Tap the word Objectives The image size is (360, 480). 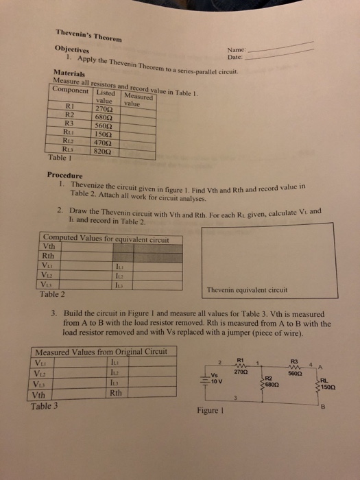click(x=73, y=51)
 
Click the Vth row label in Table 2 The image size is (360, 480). click(x=49, y=248)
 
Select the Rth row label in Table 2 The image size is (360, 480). click(x=49, y=258)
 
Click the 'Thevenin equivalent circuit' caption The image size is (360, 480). click(x=248, y=290)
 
